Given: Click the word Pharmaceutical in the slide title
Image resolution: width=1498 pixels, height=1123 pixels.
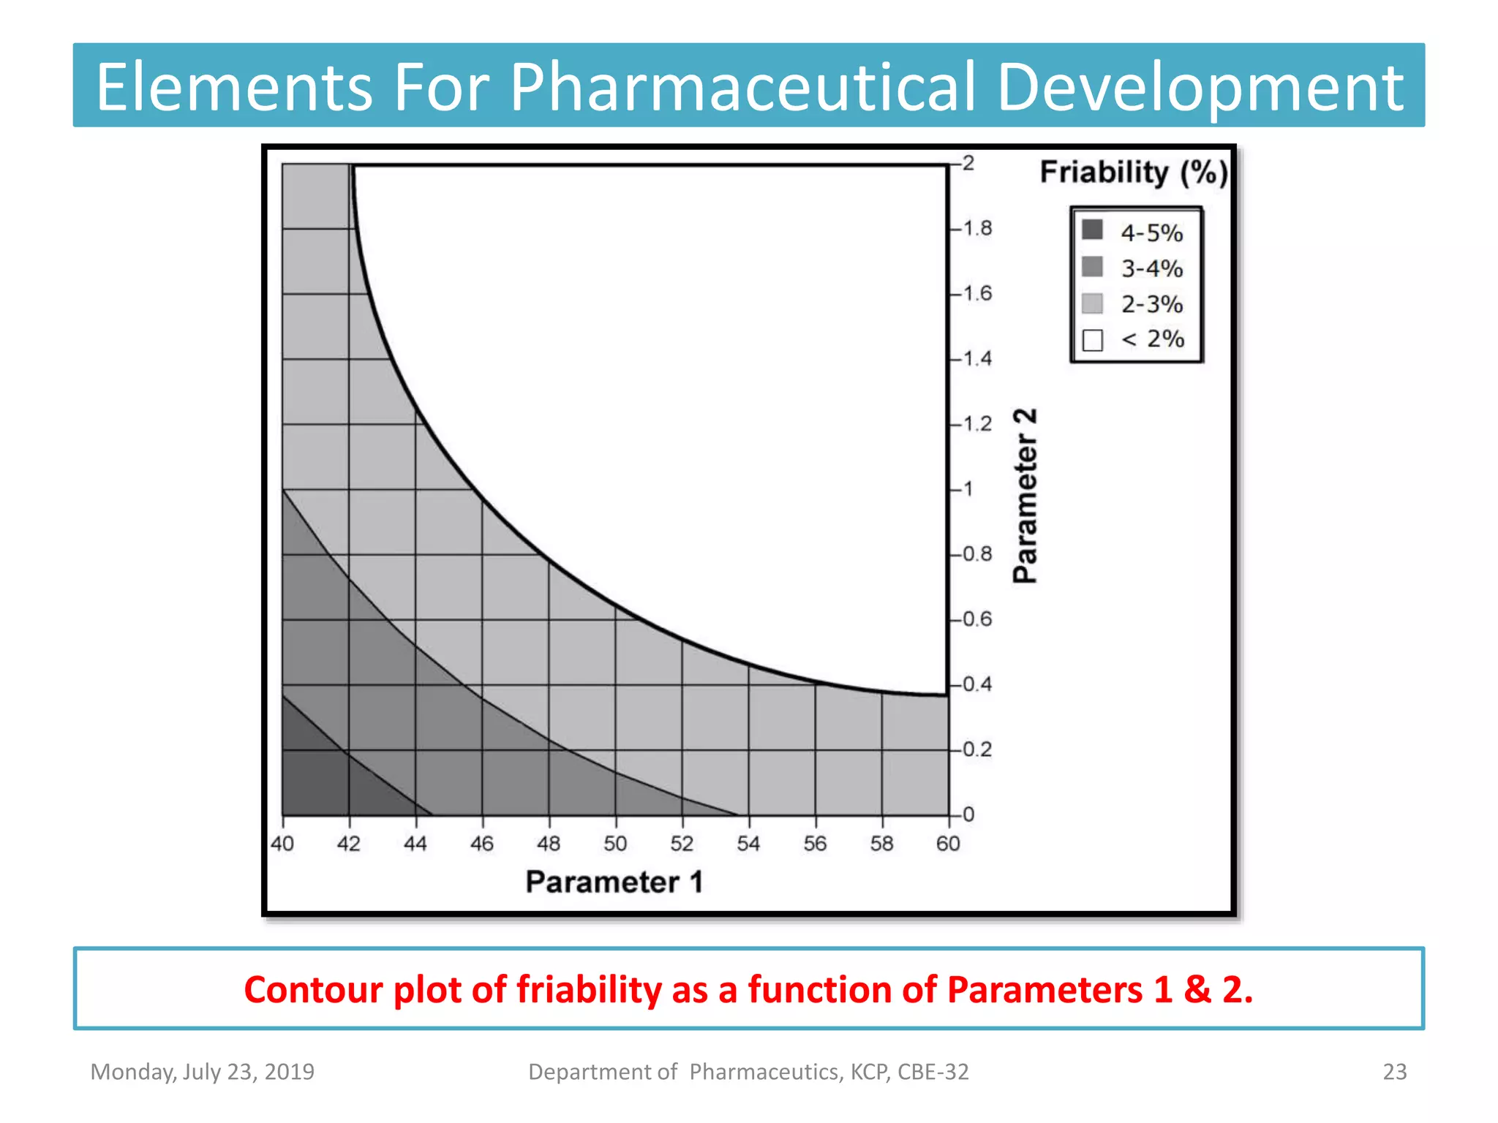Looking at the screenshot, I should (x=742, y=88).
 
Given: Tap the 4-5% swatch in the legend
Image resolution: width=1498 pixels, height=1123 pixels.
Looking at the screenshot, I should (x=1092, y=230).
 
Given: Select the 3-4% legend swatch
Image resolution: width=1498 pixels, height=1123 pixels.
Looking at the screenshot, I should (x=1092, y=266).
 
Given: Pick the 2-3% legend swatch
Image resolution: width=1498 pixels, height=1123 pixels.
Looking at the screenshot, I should (x=1092, y=303).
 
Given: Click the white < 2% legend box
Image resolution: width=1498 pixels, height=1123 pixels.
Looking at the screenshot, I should (x=1092, y=340).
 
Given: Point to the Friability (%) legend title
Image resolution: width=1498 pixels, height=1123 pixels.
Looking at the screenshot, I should (x=1133, y=173).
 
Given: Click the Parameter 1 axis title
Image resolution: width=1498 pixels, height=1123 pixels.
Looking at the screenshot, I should (x=614, y=882).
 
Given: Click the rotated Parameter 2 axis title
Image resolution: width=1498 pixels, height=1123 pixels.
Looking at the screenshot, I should (x=1025, y=496).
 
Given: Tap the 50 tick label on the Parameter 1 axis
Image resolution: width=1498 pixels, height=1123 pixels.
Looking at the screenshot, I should (x=615, y=844).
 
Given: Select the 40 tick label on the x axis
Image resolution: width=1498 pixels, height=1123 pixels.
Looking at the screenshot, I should (x=282, y=844).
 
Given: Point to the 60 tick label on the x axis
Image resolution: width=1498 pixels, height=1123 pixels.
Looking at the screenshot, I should (x=948, y=844).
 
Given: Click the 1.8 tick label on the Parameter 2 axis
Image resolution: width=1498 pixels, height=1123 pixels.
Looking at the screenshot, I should (x=977, y=229).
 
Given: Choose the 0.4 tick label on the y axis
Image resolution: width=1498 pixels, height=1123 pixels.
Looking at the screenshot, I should (x=977, y=684).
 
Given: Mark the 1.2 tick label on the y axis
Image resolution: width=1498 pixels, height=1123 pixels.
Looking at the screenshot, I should (x=977, y=424).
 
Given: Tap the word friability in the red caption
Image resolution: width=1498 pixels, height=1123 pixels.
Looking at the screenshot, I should (x=590, y=989).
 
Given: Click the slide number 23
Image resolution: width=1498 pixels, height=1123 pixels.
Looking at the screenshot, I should (x=1394, y=1072).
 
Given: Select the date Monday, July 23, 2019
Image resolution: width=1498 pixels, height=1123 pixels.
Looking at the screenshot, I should (x=202, y=1072).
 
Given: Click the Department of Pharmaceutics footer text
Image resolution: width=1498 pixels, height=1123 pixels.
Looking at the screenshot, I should (x=748, y=1072).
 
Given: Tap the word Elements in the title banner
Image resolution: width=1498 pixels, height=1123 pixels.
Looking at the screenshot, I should (x=234, y=88).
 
